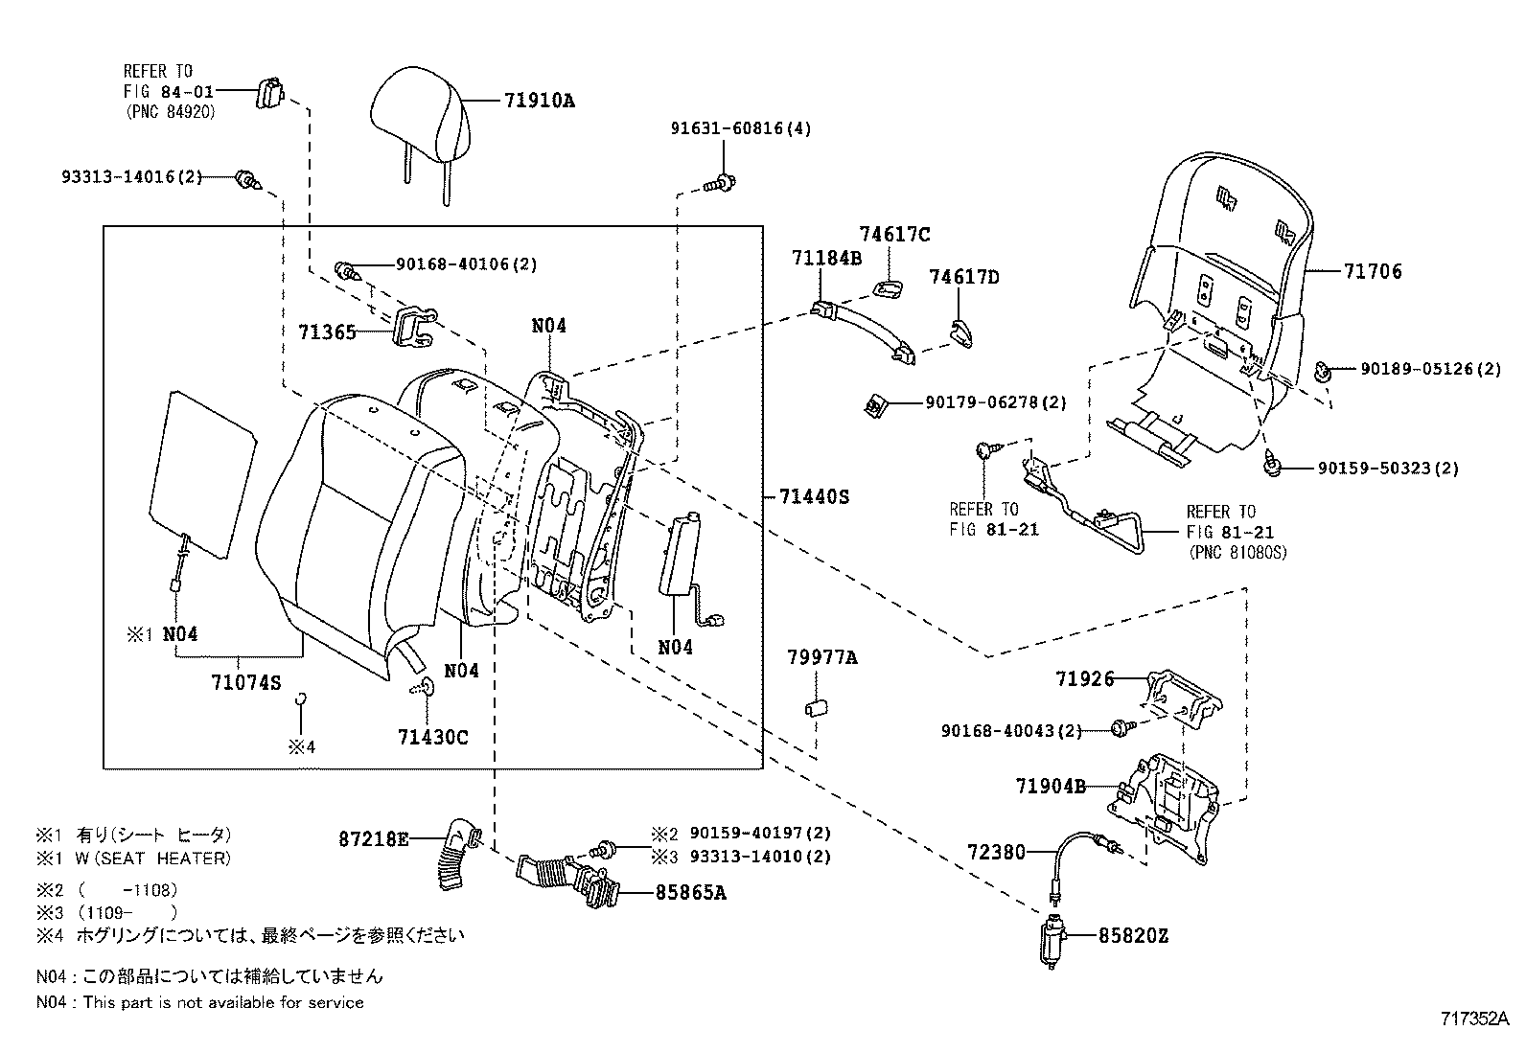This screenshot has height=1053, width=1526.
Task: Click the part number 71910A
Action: pos(540,101)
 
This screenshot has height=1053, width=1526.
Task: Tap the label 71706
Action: pos(1373,271)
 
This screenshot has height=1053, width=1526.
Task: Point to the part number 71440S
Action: pos(814,496)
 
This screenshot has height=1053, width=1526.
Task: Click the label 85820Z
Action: pos(1133,936)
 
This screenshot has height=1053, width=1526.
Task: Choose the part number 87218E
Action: pos(374,839)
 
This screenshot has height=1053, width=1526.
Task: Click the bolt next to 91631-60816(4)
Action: pos(720,183)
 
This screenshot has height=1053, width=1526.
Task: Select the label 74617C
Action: pos(894,235)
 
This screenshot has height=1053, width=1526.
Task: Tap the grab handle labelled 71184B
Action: pos(863,332)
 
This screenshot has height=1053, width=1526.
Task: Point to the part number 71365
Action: pos(327,332)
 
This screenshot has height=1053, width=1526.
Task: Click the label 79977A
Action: pos(822,657)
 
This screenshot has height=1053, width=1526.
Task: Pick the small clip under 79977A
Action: pos(816,708)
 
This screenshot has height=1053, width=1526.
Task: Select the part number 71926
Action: pos(1084,679)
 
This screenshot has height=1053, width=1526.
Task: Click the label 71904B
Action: pos(1051,786)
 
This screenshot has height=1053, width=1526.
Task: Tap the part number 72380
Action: pos(997,852)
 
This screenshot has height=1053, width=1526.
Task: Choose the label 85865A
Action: pos(691,892)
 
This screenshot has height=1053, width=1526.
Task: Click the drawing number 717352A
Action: pos(1475,1019)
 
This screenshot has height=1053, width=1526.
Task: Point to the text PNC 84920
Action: pos(171,112)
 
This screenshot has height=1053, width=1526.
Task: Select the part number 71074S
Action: pos(246,682)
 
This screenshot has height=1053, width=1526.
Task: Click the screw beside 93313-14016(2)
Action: pos(248,180)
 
